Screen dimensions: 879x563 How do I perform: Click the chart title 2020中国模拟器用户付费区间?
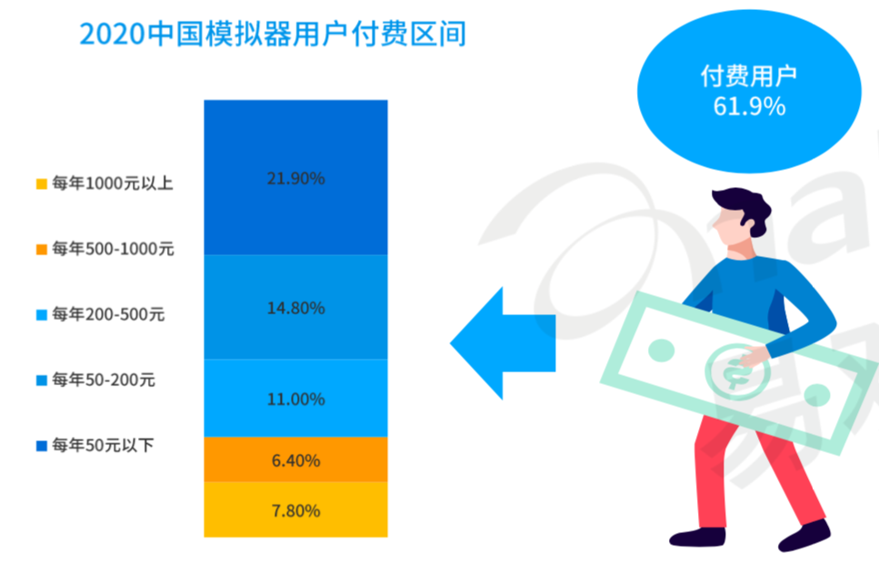273,35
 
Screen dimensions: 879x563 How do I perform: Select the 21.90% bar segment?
295,178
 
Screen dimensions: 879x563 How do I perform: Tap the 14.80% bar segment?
295,307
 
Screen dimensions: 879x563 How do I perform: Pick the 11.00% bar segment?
295,398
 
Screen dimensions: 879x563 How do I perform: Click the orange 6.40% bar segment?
295,459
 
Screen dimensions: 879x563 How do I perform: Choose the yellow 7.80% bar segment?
295,509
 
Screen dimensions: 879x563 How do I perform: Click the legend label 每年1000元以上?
113,183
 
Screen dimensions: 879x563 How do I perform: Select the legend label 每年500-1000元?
114,249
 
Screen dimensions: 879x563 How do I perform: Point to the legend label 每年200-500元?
108,314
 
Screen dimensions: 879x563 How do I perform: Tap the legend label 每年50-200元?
104,380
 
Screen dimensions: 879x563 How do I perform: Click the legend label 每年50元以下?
103,445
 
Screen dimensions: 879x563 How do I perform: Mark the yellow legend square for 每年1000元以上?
42,183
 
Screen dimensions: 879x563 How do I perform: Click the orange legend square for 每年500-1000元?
42,250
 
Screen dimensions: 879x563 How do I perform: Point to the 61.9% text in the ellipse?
749,106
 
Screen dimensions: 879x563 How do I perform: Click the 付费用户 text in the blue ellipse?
749,76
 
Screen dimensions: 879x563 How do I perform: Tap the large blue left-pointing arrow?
503,343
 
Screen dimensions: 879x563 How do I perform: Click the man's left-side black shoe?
697,538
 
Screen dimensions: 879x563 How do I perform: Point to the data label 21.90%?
295,178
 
